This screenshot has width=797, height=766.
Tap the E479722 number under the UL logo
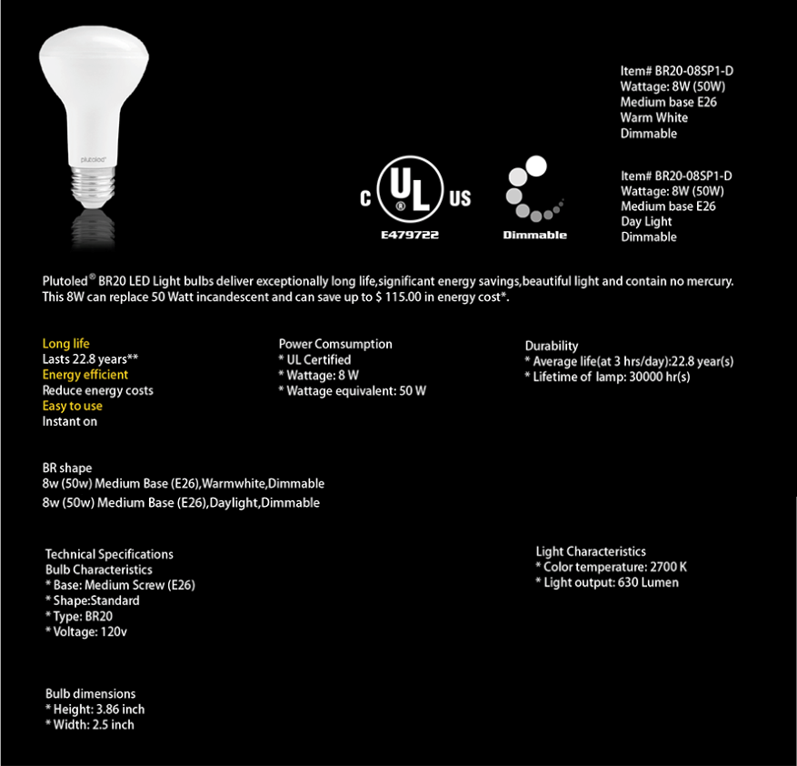click(x=410, y=235)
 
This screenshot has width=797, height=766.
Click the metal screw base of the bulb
click(x=95, y=186)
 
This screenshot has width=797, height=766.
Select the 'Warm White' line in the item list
click(x=653, y=117)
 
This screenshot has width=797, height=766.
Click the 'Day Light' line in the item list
click(x=646, y=221)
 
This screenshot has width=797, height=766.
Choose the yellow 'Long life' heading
click(x=66, y=344)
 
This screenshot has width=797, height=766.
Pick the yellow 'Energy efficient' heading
click(x=85, y=375)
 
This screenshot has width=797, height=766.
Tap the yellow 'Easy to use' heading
click(x=73, y=406)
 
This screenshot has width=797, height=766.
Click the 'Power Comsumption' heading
click(x=335, y=344)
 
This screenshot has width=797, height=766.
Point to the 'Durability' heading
click(x=552, y=346)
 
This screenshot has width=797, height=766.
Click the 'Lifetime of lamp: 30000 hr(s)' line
click(x=611, y=377)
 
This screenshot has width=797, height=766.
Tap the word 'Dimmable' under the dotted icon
click(x=534, y=235)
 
